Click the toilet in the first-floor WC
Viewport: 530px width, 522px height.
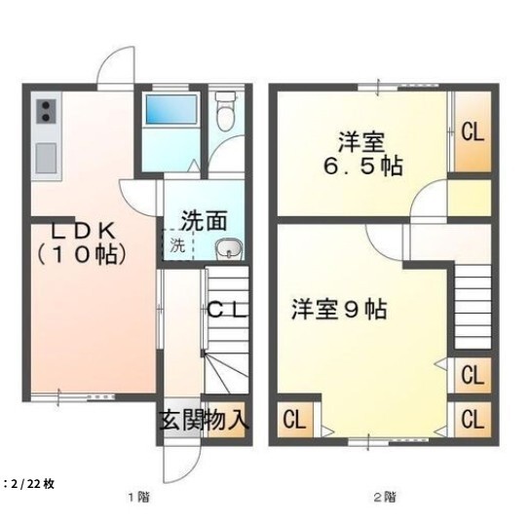[x=225, y=110]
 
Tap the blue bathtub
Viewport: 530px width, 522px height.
[x=171, y=109]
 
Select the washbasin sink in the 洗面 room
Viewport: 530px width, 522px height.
[x=229, y=248]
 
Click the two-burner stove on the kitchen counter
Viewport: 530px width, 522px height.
[x=47, y=111]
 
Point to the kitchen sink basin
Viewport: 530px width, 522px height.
[x=46, y=158]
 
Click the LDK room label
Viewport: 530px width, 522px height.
[x=82, y=242]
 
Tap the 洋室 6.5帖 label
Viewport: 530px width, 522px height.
[x=362, y=154]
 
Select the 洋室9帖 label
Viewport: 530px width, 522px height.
[x=339, y=309]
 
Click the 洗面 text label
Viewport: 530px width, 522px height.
[x=204, y=221]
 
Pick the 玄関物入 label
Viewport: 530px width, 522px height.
[x=204, y=421]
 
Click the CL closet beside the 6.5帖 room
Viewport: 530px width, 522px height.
[x=473, y=131]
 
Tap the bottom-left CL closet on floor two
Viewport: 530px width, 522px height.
[x=295, y=420]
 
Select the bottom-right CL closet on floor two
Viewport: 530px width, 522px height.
[x=473, y=420]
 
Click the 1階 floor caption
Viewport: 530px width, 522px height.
[x=138, y=497]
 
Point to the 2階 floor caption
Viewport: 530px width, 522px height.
[x=385, y=497]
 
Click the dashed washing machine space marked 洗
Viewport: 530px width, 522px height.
[x=177, y=244]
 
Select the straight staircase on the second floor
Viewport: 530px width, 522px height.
[x=473, y=307]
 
